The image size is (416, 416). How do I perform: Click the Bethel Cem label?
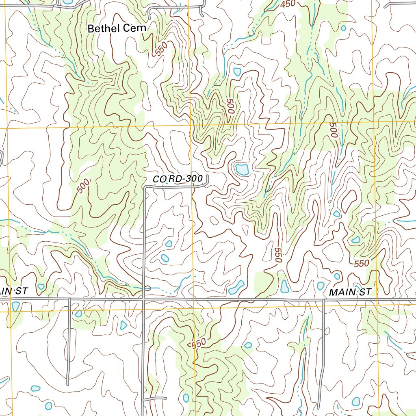click(117, 28)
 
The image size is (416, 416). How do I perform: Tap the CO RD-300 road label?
click(178, 179)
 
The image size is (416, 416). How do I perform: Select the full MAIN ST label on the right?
click(350, 292)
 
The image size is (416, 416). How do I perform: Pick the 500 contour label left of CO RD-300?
click(83, 186)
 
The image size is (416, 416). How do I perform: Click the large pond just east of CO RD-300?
click(242, 169)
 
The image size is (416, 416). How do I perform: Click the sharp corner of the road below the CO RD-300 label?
click(145, 188)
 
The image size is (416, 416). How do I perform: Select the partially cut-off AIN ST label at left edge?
click(13, 291)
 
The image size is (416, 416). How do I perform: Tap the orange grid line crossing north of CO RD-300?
click(191, 126)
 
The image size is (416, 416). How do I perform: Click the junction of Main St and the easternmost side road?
click(324, 300)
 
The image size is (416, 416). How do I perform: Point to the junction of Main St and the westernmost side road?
click(69, 299)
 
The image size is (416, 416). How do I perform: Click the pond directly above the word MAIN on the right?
click(337, 276)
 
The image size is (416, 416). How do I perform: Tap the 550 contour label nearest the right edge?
click(361, 264)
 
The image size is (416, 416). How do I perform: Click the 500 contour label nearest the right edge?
click(334, 130)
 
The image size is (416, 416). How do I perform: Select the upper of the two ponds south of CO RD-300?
click(169, 244)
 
